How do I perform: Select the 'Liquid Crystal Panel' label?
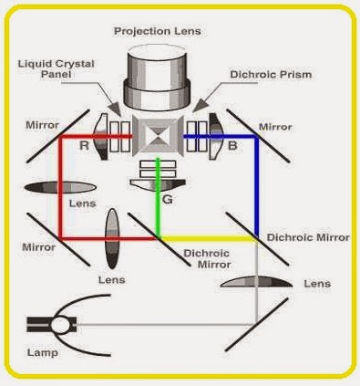tap(57, 70)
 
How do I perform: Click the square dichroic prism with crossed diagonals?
tap(159, 139)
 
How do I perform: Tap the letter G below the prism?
tap(167, 198)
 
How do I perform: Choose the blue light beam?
tap(257, 183)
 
